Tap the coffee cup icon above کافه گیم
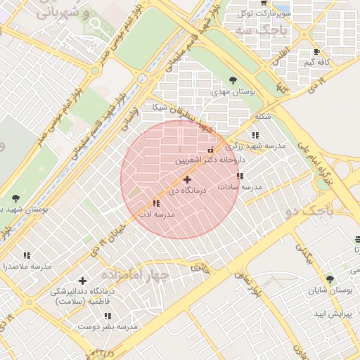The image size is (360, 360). (316, 52)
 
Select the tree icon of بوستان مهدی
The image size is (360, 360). (233, 80)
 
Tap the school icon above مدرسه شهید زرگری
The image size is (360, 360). (255, 135)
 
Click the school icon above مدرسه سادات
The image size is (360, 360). (240, 176)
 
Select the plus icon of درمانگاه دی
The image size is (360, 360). (186, 180)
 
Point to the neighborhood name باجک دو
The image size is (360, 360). (307, 211)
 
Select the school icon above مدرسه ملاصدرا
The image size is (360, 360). (27, 256)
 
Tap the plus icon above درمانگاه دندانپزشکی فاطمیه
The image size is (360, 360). (83, 281)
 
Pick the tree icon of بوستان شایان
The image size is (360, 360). (330, 279)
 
